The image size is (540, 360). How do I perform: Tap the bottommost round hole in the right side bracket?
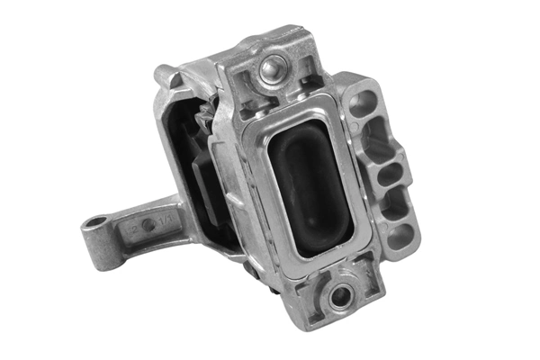401,236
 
